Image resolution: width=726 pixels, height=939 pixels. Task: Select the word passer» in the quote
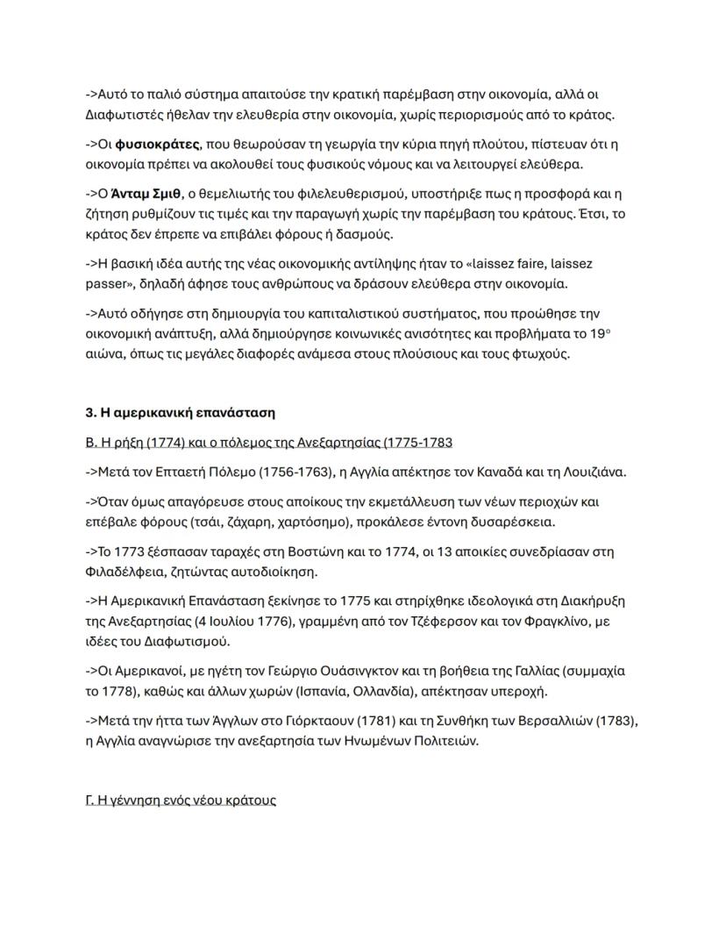tap(110, 284)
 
